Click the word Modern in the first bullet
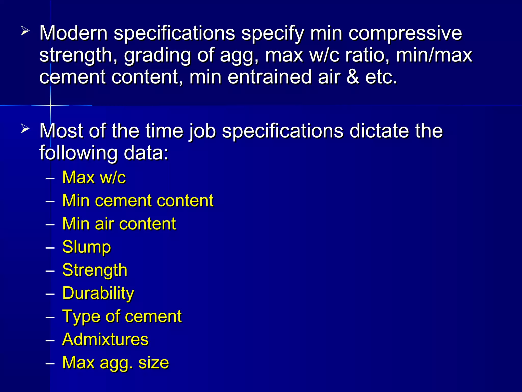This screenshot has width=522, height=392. coord(73,33)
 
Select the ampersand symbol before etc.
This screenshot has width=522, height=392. coord(353,77)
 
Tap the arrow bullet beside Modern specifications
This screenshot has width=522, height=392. coord(25,32)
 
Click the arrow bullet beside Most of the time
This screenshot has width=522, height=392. coord(25,128)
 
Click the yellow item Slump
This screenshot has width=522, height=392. coord(87,247)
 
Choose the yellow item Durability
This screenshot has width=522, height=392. coord(98,293)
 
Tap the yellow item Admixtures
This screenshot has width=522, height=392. coord(105,339)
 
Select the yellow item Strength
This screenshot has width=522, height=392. coord(95,270)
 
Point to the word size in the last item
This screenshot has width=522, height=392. coord(153,363)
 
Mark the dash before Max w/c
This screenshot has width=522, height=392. coord(50,178)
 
